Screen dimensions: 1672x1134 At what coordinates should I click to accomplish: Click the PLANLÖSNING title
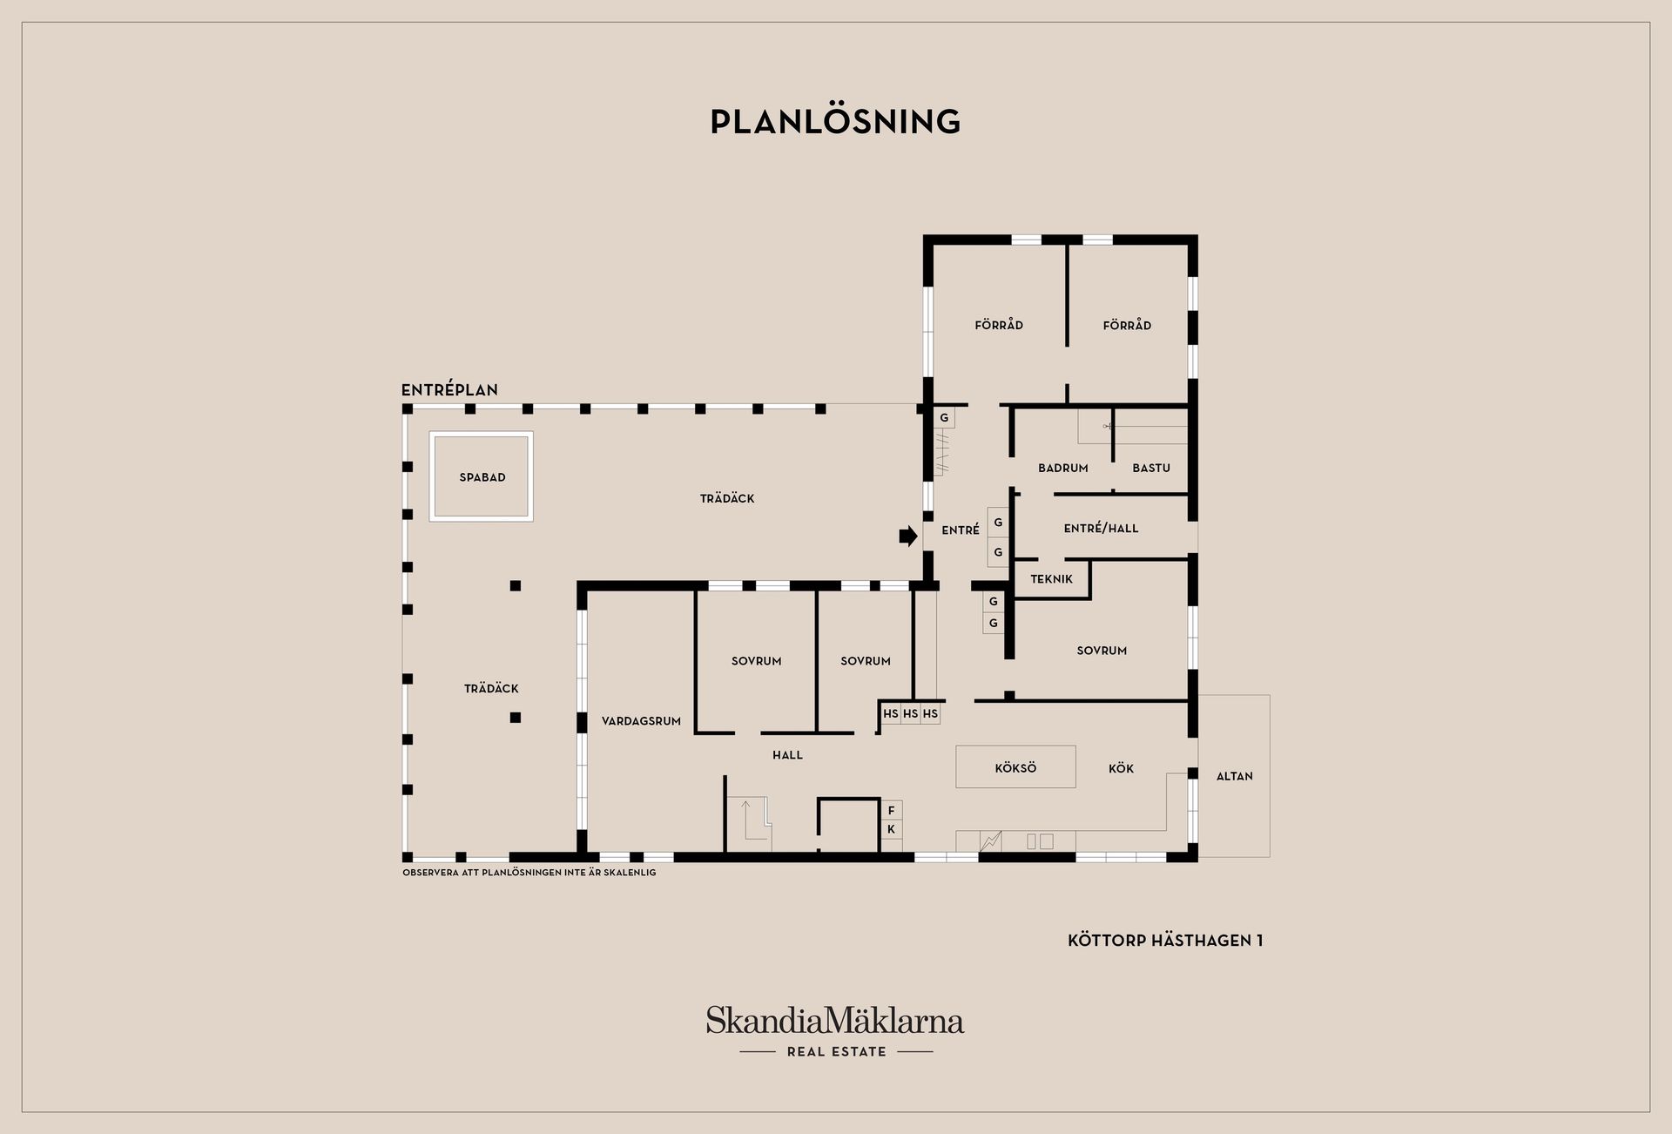pyautogui.click(x=835, y=121)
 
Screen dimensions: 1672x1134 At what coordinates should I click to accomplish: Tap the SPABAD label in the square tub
pyautogui.click(x=482, y=477)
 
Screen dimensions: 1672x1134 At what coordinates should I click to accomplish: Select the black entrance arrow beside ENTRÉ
pyautogui.click(x=908, y=536)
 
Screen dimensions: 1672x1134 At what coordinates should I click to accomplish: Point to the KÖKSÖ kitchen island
pyautogui.click(x=1015, y=767)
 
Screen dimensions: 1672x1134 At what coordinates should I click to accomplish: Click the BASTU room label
pyautogui.click(x=1151, y=468)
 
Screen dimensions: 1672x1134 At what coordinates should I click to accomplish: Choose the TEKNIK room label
pyautogui.click(x=1051, y=578)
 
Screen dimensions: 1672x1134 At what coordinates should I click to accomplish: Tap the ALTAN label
pyautogui.click(x=1234, y=776)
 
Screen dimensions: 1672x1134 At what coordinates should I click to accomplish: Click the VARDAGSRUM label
pyautogui.click(x=641, y=721)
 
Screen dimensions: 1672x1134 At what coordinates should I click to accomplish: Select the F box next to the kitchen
pyautogui.click(x=891, y=810)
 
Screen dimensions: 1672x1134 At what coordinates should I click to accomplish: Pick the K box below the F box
pyautogui.click(x=891, y=829)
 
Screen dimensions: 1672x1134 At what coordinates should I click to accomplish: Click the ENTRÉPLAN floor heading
pyautogui.click(x=449, y=390)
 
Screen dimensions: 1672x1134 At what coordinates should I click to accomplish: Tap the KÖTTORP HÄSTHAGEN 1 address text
pyautogui.click(x=1165, y=941)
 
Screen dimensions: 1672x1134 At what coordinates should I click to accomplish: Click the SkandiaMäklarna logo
pyautogui.click(x=835, y=1020)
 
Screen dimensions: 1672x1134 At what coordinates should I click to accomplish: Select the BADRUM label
pyautogui.click(x=1063, y=468)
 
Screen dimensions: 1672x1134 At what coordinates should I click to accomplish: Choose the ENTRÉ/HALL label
pyautogui.click(x=1101, y=528)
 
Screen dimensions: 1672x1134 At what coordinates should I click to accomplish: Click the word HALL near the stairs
pyautogui.click(x=787, y=755)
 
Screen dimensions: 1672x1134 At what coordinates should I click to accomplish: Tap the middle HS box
pyautogui.click(x=910, y=713)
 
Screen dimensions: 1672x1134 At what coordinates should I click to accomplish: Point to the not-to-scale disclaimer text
pyautogui.click(x=529, y=872)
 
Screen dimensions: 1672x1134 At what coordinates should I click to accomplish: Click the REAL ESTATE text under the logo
pyautogui.click(x=836, y=1051)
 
